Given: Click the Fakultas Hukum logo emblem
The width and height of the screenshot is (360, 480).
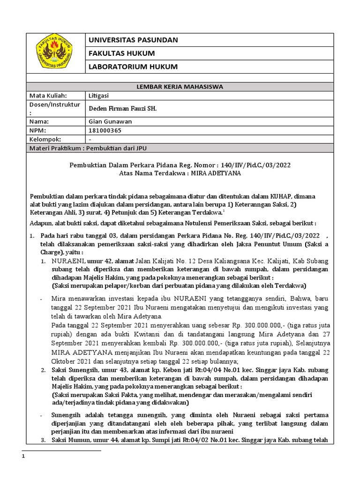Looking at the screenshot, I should [55, 53].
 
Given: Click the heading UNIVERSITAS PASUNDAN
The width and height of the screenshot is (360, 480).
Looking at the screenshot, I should [134, 40].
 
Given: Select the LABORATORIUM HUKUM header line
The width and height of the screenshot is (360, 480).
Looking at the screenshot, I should [134, 67].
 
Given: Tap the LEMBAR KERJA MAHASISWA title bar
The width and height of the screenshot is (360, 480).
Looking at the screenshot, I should [180, 87].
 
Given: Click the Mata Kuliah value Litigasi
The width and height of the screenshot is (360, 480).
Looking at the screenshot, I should [99, 95].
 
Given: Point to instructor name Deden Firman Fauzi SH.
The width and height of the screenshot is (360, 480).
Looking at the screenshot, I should [123, 108].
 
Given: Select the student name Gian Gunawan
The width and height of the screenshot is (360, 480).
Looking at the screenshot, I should [111, 121].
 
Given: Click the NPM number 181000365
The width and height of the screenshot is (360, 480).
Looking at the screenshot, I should [105, 130].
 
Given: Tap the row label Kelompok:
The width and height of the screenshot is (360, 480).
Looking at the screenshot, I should [46, 139].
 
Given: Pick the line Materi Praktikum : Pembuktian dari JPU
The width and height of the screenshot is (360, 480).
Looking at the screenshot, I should [88, 148].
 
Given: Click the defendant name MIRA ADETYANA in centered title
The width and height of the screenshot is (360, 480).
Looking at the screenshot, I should [214, 173].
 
